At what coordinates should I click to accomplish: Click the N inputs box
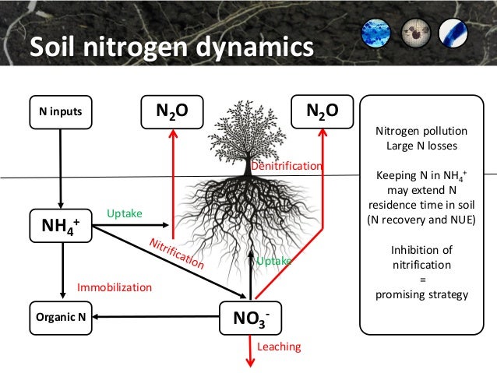coord(60,111)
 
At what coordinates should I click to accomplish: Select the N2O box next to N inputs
coord(171,111)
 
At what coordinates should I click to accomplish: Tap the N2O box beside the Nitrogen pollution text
coord(321,111)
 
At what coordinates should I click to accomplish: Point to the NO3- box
coord(251,318)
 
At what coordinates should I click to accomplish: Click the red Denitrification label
coord(286,167)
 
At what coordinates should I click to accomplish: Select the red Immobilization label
coord(114,287)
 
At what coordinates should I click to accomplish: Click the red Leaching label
coord(279,346)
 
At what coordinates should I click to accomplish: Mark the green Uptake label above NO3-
coord(273,262)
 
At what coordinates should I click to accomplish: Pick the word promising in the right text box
coord(397,295)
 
